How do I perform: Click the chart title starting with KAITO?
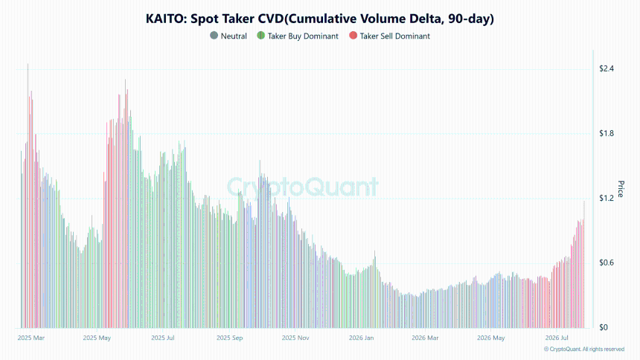[319, 19]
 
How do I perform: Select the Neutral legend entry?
[228, 36]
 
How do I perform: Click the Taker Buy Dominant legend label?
[303, 36]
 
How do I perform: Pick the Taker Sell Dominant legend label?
[394, 36]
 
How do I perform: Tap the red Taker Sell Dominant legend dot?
[353, 36]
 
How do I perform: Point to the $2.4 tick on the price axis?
[606, 68]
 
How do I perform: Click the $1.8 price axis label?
[606, 133]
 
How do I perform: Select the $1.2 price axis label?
[606, 199]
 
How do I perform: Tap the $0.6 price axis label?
[606, 263]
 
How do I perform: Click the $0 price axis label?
[604, 327]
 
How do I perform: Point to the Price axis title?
[621, 189]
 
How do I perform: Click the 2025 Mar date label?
[31, 338]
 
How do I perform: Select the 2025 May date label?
[97, 338]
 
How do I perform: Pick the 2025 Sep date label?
[229, 338]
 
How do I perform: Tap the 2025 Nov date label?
[295, 338]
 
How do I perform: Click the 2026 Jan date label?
[361, 338]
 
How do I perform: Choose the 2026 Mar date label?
[425, 338]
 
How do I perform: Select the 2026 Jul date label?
[557, 338]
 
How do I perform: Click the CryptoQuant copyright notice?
[584, 350]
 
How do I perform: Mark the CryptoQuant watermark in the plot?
[302, 187]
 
